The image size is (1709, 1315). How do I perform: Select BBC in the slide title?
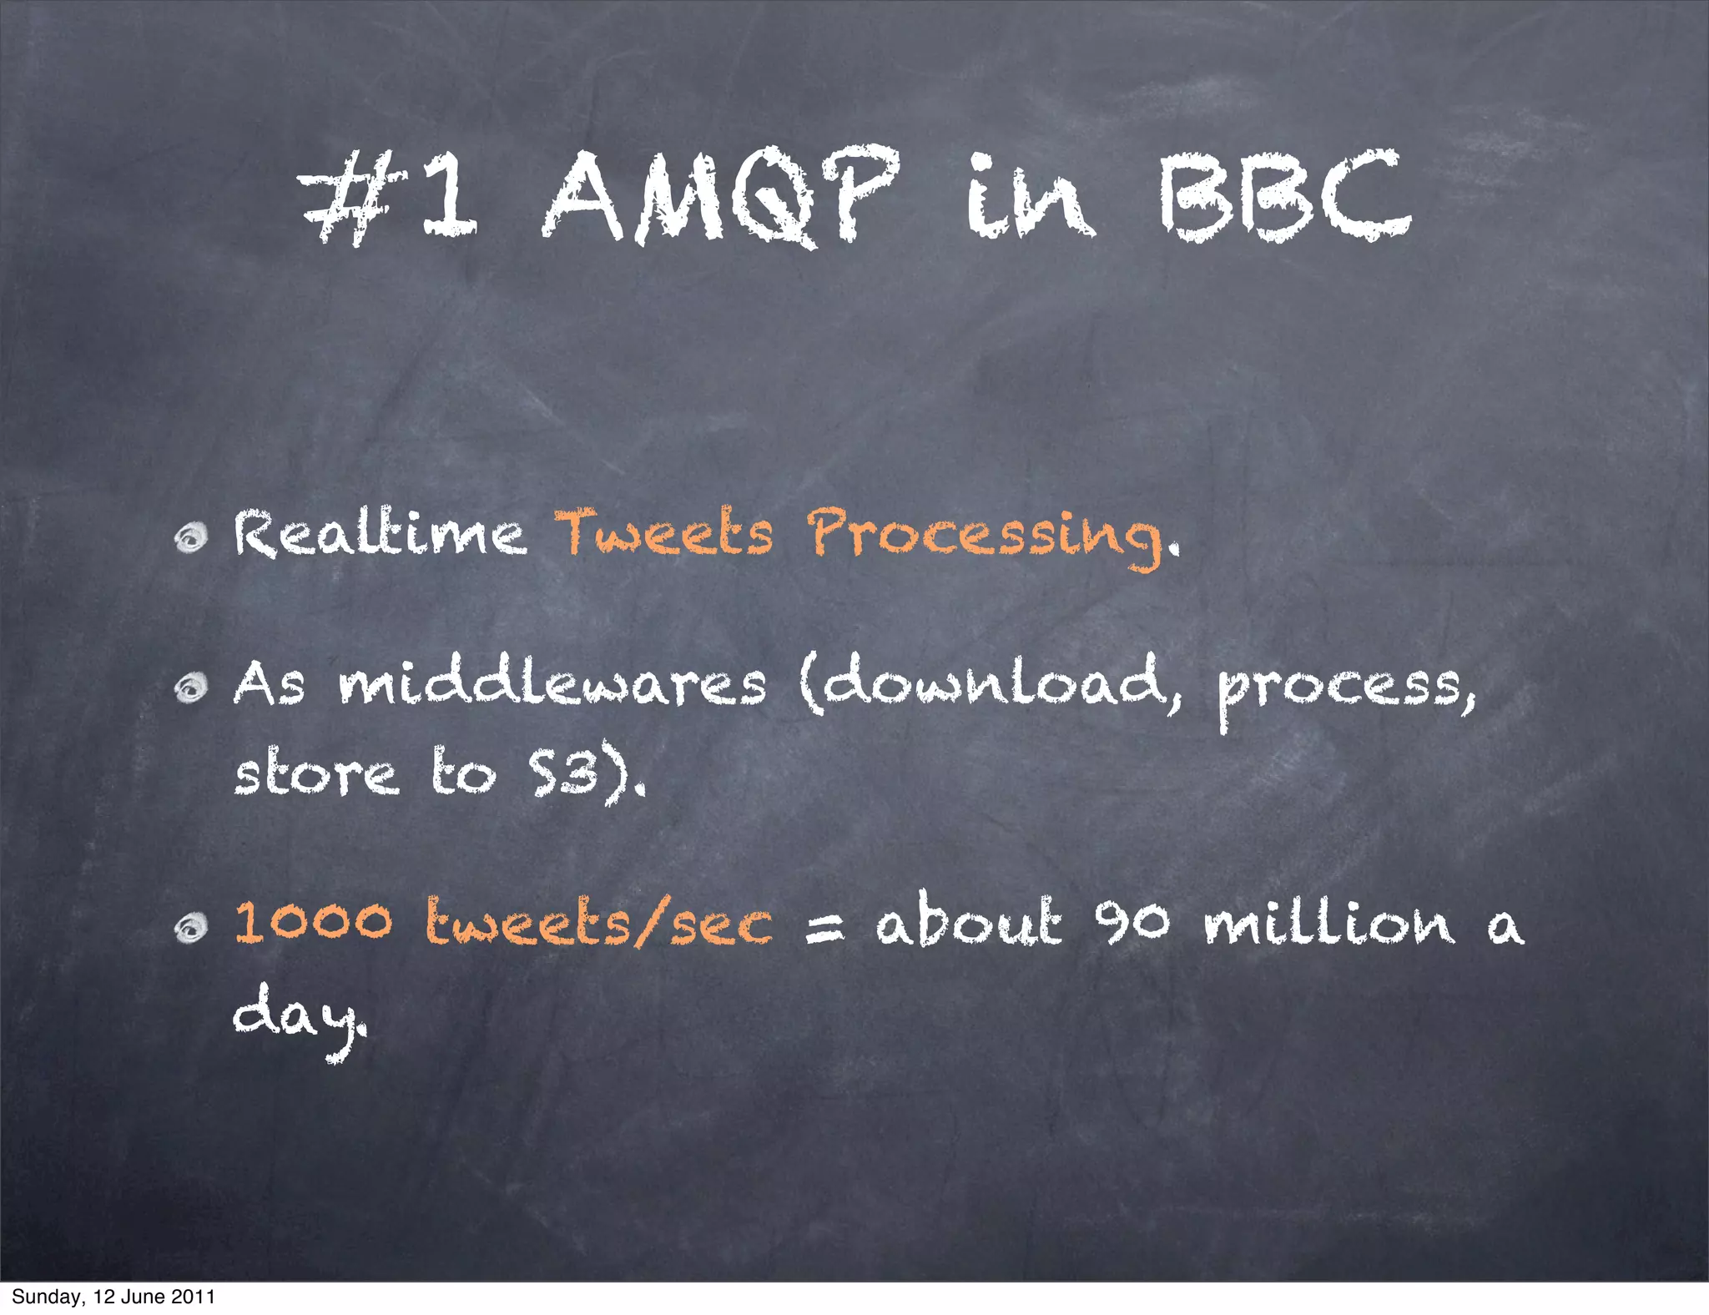click(1284, 197)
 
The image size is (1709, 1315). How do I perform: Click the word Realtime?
click(380, 533)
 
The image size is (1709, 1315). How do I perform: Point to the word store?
click(315, 773)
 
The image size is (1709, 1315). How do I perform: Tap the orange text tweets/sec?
click(599, 924)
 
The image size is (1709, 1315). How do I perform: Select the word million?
click(1329, 923)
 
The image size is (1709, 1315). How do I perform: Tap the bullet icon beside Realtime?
click(191, 537)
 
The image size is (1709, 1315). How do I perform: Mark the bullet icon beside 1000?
click(191, 927)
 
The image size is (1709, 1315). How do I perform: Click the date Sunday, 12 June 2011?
click(113, 1297)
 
